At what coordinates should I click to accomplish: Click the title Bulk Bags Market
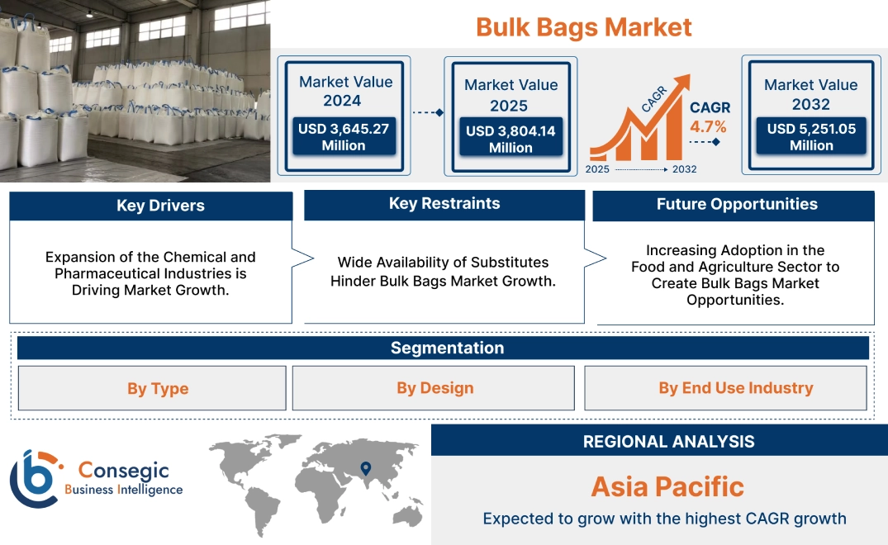click(583, 26)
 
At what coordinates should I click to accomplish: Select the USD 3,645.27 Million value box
click(344, 136)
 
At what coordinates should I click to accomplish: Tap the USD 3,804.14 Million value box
click(510, 139)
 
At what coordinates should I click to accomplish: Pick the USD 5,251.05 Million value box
click(811, 136)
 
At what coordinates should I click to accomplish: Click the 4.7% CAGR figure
click(708, 126)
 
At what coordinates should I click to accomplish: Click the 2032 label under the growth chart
click(684, 169)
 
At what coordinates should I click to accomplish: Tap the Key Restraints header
click(444, 204)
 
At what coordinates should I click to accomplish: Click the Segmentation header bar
click(446, 348)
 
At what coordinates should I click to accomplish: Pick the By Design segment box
click(435, 388)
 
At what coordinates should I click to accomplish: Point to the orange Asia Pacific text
click(667, 486)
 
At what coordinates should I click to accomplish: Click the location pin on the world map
click(364, 469)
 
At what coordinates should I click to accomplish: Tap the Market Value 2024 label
click(345, 91)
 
